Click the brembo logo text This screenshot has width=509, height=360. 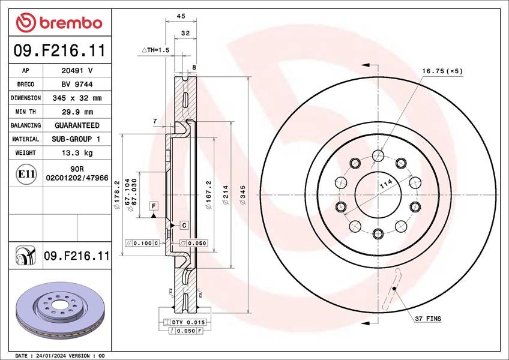pos(71,23)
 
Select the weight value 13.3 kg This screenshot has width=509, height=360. pos(77,152)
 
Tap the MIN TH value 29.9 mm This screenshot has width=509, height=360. pos(77,112)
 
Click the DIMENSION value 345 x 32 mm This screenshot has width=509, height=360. pos(77,98)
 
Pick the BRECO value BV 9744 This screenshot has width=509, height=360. pos(77,85)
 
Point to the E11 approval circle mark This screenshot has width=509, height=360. pos(26,175)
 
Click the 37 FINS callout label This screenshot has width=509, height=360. pos(428,319)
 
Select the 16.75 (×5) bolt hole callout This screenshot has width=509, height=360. pos(442,71)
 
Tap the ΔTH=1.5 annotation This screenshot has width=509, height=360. pos(155,50)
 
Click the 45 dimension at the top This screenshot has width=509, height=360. pos(181,16)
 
